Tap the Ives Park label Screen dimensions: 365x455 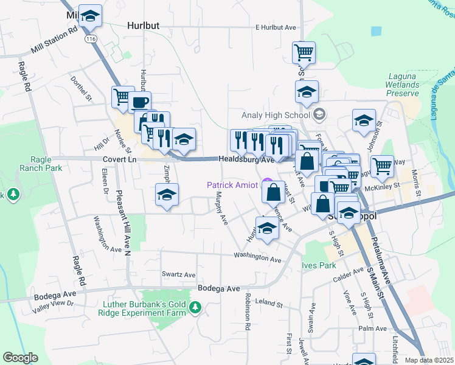point(318,265)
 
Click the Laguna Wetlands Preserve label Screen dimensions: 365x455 point(403,85)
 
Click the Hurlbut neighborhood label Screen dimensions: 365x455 point(144,26)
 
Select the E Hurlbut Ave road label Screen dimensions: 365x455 point(275,27)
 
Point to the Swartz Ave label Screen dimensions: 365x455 point(178,274)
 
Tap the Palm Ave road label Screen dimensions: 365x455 point(373,328)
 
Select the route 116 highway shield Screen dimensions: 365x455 point(91,38)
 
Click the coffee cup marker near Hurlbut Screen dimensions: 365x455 point(140,102)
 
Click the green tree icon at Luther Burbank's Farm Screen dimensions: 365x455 point(195,307)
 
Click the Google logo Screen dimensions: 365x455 point(20,358)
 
